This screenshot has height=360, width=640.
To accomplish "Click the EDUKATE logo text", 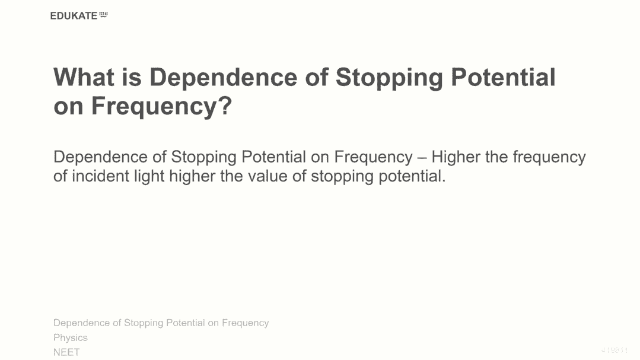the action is click(x=74, y=16).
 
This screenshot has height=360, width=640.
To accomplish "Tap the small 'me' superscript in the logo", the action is click(x=104, y=14).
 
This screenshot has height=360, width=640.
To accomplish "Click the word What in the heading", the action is click(x=84, y=77).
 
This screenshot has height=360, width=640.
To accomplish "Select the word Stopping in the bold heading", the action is click(x=389, y=78).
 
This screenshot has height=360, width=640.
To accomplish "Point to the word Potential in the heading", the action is click(x=503, y=77).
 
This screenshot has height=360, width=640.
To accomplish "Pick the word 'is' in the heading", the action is click(x=132, y=77).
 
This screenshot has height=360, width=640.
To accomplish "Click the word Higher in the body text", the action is click(x=456, y=157).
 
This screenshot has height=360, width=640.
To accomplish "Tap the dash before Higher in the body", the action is click(x=422, y=158).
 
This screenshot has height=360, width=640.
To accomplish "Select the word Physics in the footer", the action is click(x=71, y=338).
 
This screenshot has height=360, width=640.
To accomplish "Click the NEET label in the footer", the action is click(x=66, y=352).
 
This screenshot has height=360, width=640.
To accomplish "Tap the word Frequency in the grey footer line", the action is click(x=246, y=323).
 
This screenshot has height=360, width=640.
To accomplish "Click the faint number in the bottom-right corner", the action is click(x=614, y=350).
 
